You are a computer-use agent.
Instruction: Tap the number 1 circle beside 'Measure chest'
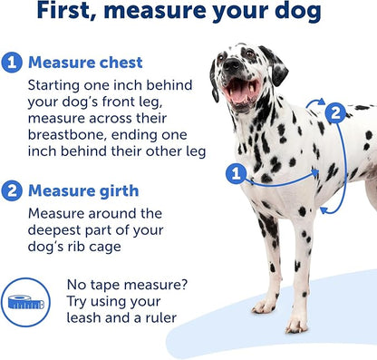pos(12,63)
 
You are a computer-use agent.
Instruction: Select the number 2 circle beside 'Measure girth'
pos(12,190)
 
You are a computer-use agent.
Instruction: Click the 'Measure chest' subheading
pos(85,63)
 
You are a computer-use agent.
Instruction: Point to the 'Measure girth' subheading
pos(83,190)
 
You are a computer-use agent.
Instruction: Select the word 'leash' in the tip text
pos(87,318)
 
